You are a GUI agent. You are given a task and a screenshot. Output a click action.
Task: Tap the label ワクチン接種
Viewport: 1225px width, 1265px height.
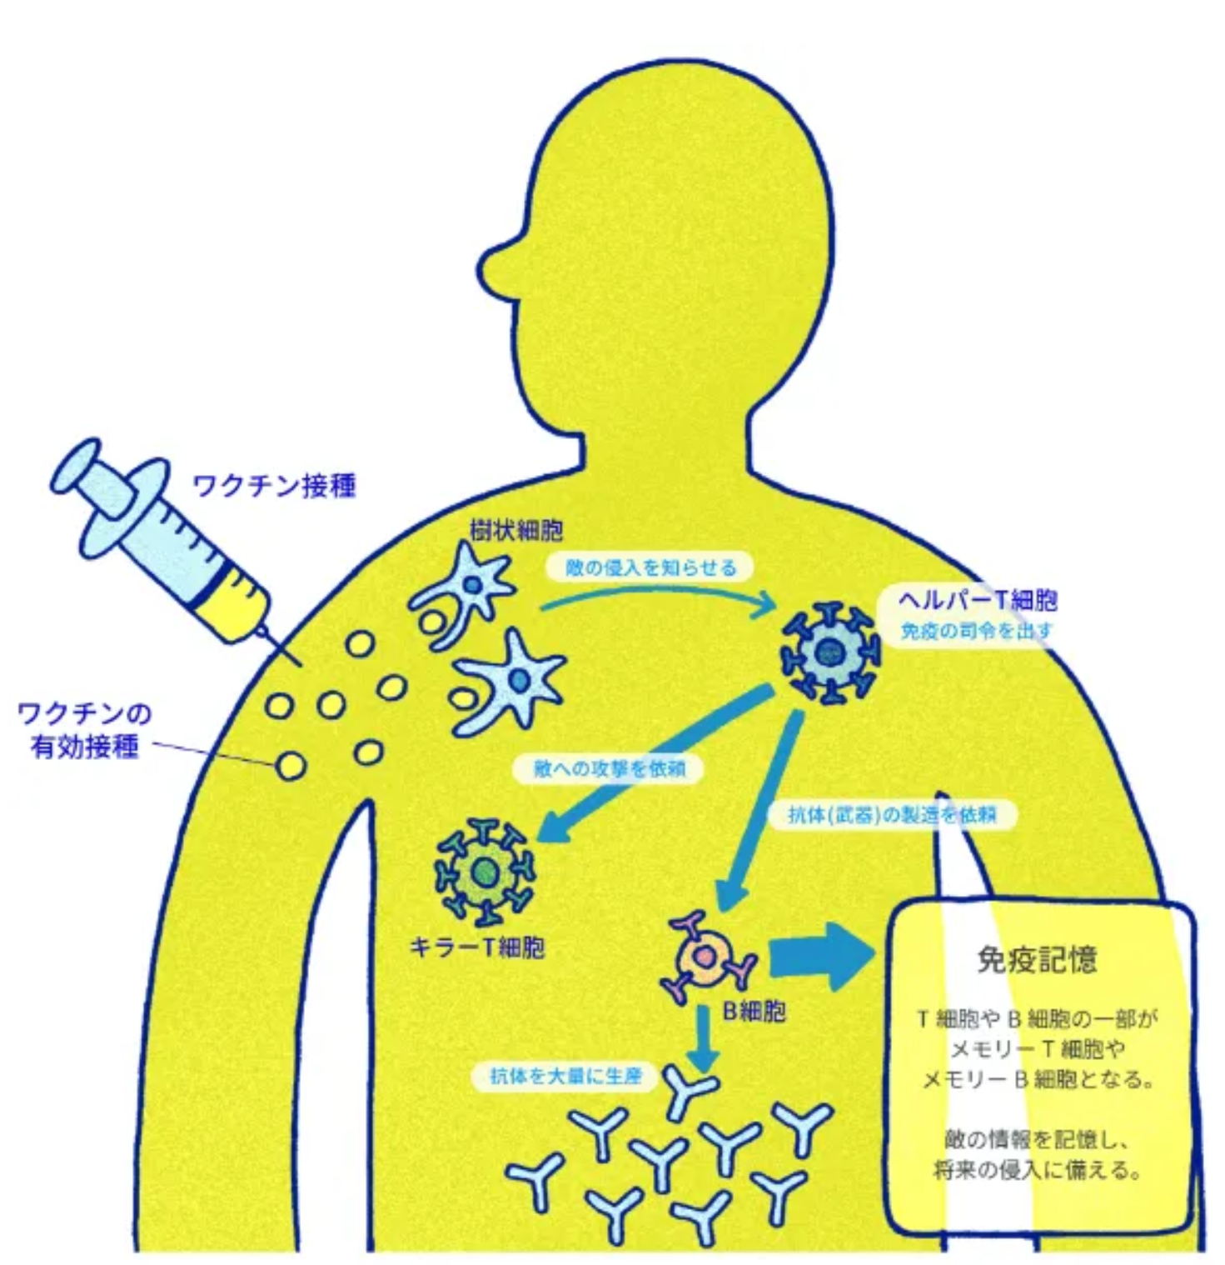pyautogui.click(x=274, y=485)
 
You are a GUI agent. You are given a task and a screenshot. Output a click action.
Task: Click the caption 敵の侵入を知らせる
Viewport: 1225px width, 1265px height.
pyautogui.click(x=650, y=568)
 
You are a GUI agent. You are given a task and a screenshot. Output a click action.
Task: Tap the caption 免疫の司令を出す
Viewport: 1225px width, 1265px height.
pyautogui.click(x=976, y=631)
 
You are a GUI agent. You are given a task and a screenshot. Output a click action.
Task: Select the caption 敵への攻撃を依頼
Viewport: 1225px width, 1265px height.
pyautogui.click(x=609, y=768)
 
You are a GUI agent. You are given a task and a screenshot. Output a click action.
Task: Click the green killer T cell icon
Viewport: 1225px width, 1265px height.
pyautogui.click(x=484, y=872)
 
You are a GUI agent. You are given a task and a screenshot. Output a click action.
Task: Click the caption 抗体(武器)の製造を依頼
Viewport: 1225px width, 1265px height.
pyautogui.click(x=892, y=814)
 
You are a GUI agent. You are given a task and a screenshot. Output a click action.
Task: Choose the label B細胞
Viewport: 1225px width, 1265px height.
pyautogui.click(x=754, y=1012)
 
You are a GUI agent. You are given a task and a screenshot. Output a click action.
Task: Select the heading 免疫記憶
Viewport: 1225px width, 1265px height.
pyautogui.click(x=1037, y=960)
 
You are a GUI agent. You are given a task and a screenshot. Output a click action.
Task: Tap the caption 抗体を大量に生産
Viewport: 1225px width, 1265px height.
pyautogui.click(x=565, y=1076)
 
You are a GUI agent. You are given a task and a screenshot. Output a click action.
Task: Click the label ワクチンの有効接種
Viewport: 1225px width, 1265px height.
pyautogui.click(x=84, y=730)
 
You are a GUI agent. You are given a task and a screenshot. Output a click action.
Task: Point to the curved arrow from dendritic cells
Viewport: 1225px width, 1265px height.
pyautogui.click(x=658, y=593)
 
